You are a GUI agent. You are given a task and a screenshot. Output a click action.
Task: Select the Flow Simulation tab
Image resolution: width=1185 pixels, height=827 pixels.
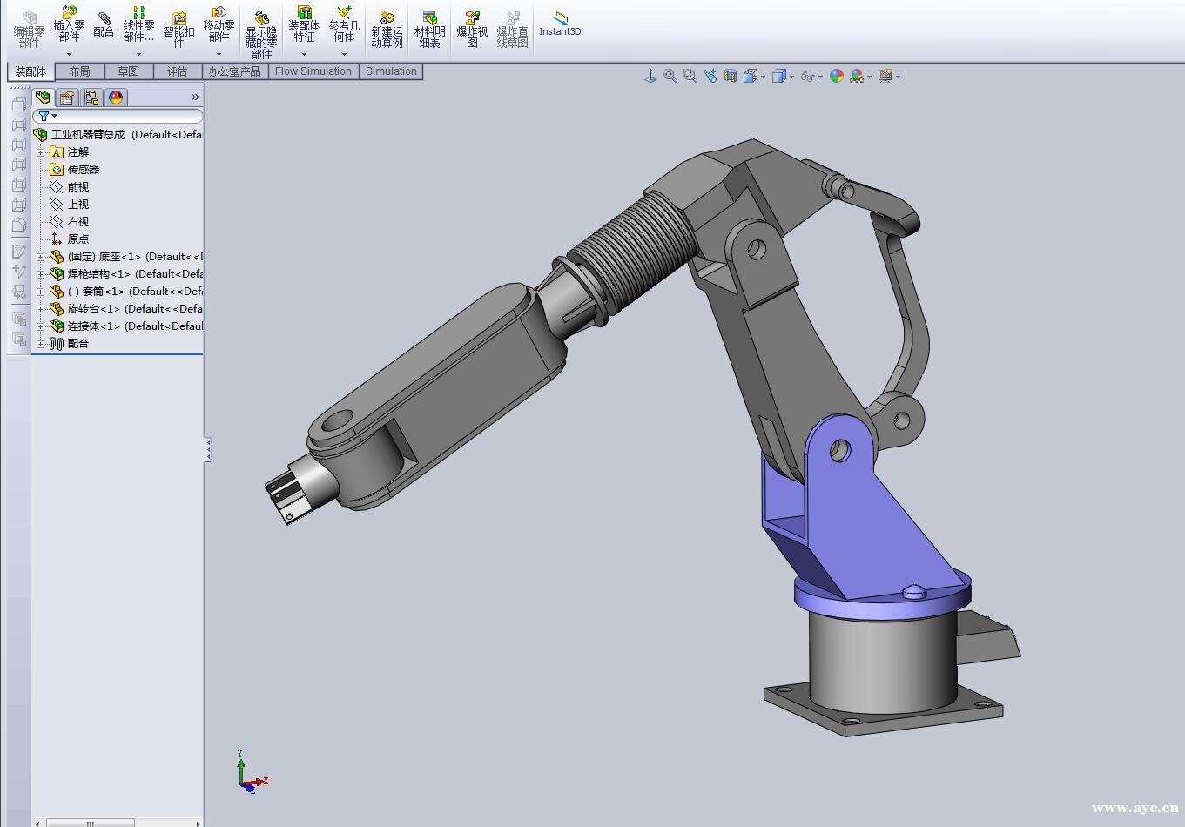(x=313, y=71)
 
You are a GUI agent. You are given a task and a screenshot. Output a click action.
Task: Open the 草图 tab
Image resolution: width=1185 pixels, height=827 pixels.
(x=128, y=71)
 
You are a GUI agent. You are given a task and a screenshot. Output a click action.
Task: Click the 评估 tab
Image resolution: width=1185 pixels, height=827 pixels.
(x=177, y=71)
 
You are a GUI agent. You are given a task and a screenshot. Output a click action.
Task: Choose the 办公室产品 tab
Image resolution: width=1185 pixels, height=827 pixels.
(x=234, y=71)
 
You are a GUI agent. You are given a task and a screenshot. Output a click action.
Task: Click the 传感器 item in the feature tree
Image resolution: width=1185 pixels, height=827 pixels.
(x=83, y=169)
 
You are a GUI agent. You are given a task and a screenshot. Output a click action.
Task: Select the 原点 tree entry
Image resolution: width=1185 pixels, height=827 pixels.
(x=77, y=239)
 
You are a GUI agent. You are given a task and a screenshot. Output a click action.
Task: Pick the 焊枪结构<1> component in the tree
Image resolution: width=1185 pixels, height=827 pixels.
(x=98, y=273)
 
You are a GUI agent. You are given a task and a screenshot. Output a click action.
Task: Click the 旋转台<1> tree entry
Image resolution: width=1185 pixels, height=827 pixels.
(x=93, y=308)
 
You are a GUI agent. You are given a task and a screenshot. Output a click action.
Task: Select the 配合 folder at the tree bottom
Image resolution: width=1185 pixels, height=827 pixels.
(x=77, y=343)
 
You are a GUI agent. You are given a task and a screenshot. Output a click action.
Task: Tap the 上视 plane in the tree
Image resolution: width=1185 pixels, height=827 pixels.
(x=77, y=204)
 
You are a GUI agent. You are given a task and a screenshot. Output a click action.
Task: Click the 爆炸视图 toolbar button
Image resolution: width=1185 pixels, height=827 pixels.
(x=472, y=30)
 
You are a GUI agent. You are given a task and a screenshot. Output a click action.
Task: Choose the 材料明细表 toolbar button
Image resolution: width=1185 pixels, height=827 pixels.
(x=429, y=30)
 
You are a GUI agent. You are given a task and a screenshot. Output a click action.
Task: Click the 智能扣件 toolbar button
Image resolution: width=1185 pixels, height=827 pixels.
(x=178, y=30)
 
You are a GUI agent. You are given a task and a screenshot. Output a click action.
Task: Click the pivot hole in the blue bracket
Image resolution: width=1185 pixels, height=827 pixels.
(x=838, y=450)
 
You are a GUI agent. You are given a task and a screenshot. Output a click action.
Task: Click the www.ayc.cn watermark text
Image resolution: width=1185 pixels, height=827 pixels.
(x=1134, y=808)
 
